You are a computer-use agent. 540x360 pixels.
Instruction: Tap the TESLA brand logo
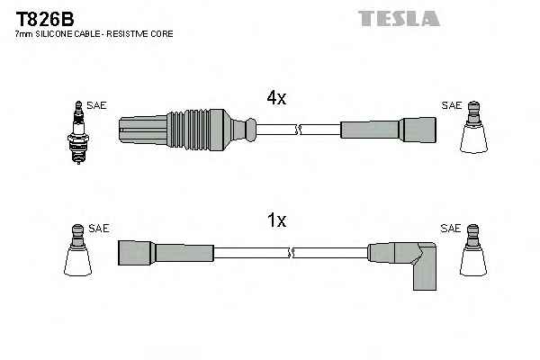(398, 18)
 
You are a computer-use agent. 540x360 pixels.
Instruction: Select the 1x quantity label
(275, 220)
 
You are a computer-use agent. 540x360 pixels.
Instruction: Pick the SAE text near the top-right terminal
(451, 105)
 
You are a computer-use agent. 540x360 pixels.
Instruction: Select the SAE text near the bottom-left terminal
(99, 229)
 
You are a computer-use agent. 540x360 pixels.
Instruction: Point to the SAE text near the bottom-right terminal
(451, 229)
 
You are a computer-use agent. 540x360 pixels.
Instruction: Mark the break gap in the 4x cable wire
(296, 130)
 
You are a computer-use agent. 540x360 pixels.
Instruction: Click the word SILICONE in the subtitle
(56, 33)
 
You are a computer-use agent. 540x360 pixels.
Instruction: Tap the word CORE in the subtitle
(163, 33)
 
